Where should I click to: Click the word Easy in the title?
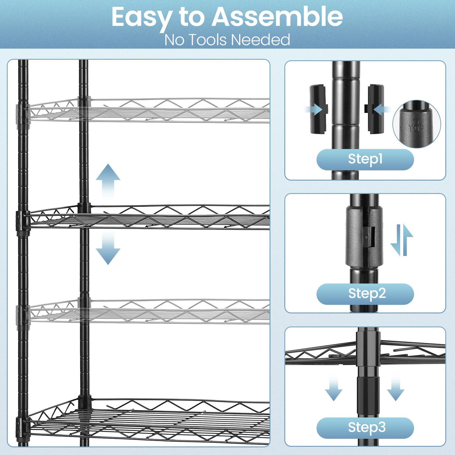(142, 18)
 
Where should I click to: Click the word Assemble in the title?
(277, 17)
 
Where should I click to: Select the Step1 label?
(365, 159)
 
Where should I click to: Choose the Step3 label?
(365, 428)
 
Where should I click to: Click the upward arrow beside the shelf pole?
(108, 180)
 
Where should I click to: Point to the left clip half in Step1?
(318, 109)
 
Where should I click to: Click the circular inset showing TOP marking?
(416, 124)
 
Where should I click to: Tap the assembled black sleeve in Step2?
(364, 236)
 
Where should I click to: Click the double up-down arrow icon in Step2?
(402, 240)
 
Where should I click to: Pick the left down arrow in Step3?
(333, 389)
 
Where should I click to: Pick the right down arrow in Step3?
(395, 389)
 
